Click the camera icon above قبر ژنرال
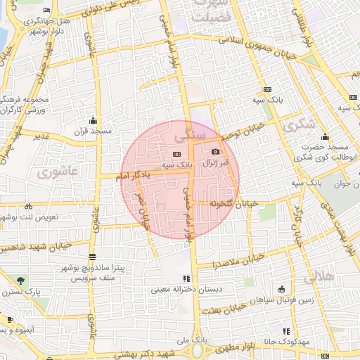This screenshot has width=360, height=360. pyautogui.click(x=214, y=151)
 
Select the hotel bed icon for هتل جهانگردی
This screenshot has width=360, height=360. pyautogui.click(x=46, y=11)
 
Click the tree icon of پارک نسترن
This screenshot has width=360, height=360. pyautogui.click(x=19, y=281)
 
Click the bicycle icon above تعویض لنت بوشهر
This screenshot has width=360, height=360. pyautogui.click(x=28, y=207)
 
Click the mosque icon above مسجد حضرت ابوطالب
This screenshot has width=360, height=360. pyautogui.click(x=326, y=137)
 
